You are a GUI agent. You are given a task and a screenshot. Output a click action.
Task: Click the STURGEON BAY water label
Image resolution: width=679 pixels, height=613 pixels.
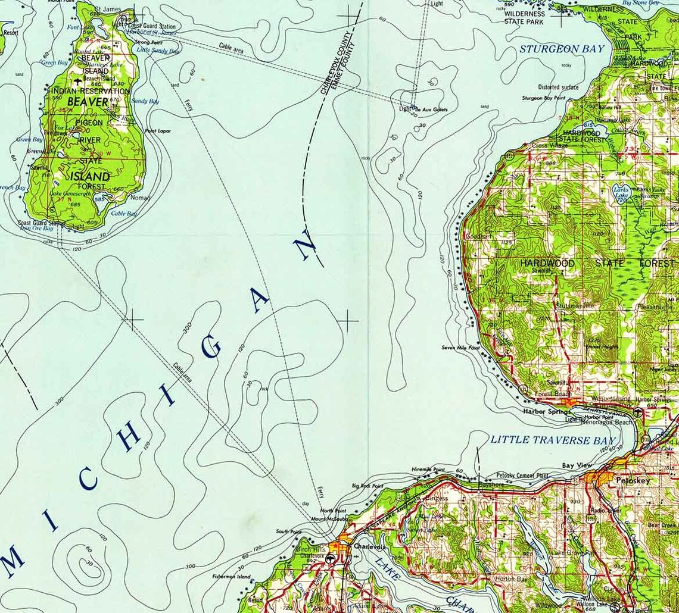click(x=562, y=49)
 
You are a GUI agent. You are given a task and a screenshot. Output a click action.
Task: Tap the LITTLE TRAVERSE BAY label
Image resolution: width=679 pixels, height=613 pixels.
click(x=544, y=440)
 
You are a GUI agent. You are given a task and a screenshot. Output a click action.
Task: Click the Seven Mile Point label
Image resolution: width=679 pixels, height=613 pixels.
click(x=460, y=347)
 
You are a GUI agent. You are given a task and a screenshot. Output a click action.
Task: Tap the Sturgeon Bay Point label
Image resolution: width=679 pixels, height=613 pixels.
click(x=543, y=98)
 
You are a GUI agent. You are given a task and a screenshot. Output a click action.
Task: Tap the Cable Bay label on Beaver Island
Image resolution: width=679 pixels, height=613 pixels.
click(x=124, y=213)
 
